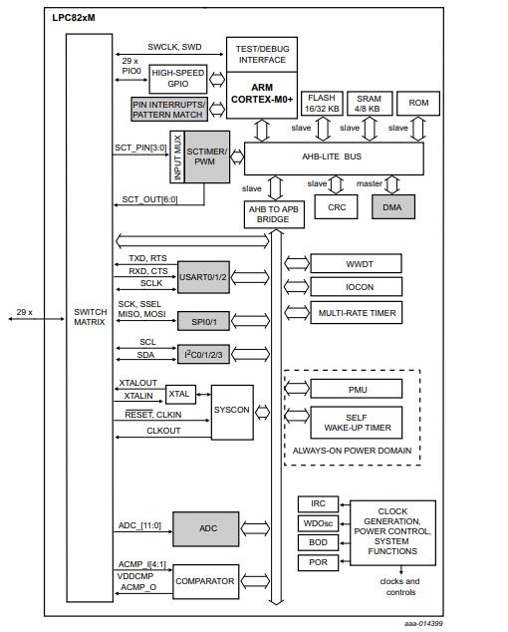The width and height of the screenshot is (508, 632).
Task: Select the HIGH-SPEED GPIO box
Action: point(177,79)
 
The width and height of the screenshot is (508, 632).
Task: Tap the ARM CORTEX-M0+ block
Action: point(262,95)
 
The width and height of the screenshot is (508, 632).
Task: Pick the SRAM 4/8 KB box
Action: point(369,103)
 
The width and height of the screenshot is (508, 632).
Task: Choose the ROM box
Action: point(418,103)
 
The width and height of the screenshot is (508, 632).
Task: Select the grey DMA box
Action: point(392,206)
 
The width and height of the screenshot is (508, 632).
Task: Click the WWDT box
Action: point(357,263)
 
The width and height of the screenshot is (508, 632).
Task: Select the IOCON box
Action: point(357,288)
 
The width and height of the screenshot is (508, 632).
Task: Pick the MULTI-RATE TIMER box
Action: point(357,313)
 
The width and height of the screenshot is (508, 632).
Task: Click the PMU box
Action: point(357,388)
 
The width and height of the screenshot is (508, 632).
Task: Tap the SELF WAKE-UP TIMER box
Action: point(357,422)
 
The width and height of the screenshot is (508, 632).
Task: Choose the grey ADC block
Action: point(206,527)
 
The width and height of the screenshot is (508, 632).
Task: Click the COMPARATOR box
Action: point(205,581)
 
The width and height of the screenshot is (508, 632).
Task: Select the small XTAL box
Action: point(180,394)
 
